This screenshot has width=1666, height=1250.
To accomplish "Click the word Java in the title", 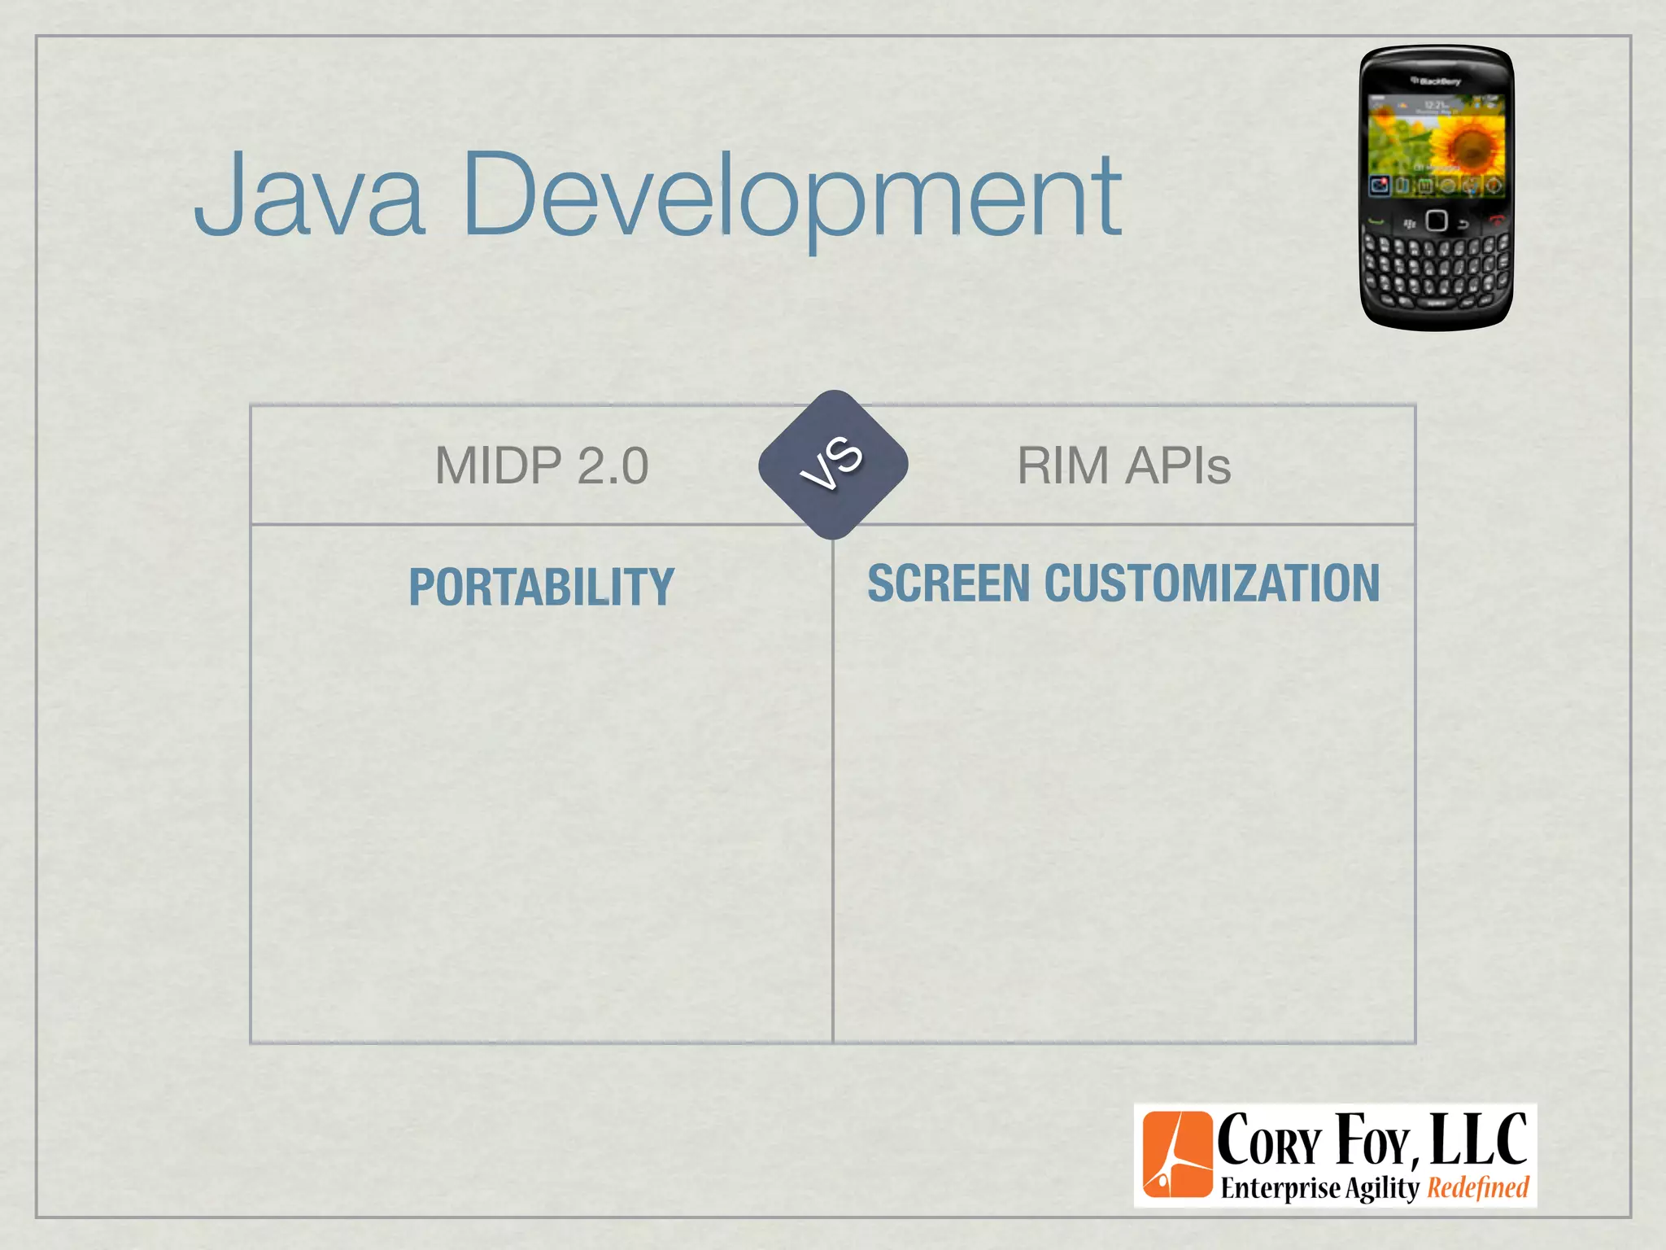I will [309, 195].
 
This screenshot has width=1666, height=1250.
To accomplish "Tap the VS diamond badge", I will [832, 465].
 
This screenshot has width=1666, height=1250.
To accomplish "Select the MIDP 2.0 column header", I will [542, 465].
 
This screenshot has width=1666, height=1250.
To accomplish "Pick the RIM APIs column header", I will [1123, 465].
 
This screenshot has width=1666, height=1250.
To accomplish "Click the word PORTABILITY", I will [542, 587].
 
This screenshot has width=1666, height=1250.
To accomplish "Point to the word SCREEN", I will [949, 583].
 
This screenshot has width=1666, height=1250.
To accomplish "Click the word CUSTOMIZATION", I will [1211, 583].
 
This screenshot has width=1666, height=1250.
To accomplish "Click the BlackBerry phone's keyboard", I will [1436, 269].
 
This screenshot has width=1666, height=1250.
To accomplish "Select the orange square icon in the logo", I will [1177, 1155].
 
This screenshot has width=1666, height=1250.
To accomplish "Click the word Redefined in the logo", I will [1478, 1188].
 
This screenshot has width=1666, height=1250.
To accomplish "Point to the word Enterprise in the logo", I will [1280, 1188].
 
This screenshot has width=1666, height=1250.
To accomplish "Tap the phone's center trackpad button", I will [1436, 221].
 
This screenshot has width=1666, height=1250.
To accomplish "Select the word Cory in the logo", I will [1268, 1141].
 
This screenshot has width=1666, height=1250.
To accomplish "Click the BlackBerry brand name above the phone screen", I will [1437, 81].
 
